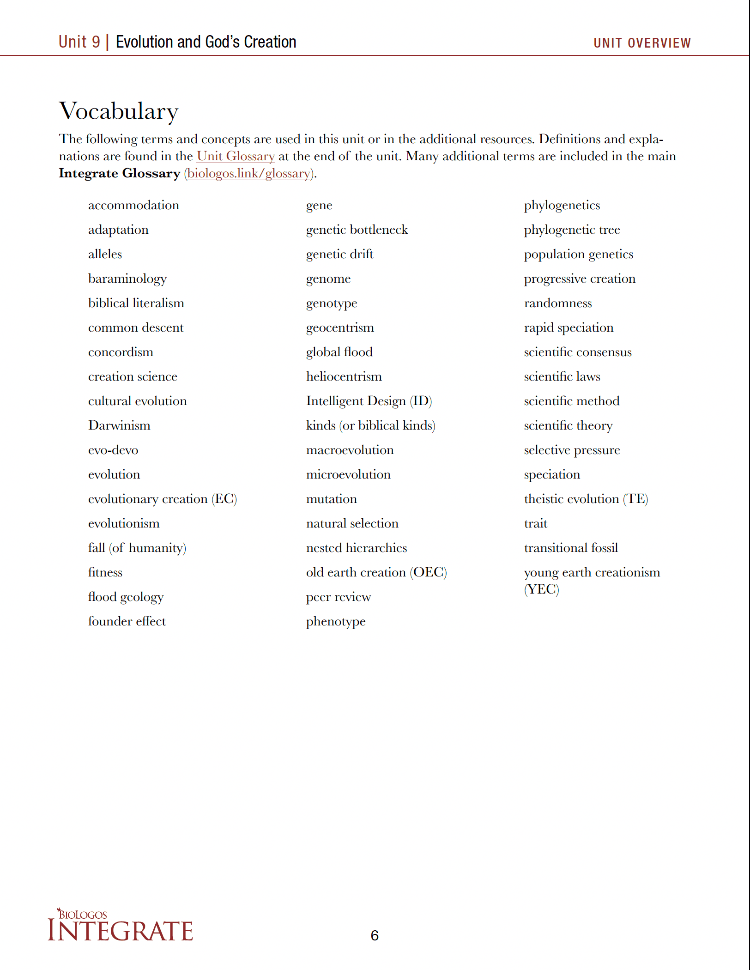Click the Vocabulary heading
tap(119, 111)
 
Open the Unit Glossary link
tap(236, 157)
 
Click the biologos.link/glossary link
tap(248, 174)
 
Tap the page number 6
tap(375, 935)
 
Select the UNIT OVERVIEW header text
tap(641, 43)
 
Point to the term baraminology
tap(127, 279)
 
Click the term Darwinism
tap(119, 425)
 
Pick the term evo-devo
tap(113, 450)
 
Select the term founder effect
tap(127, 621)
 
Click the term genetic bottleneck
tap(357, 230)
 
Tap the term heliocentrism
tap(344, 377)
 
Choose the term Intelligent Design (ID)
tap(369, 401)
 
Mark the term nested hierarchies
tap(356, 548)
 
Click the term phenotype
tap(335, 622)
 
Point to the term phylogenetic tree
tap(572, 230)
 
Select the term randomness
tap(557, 303)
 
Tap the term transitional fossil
tap(570, 548)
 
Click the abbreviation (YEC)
tap(541, 589)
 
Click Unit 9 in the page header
tap(79, 42)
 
